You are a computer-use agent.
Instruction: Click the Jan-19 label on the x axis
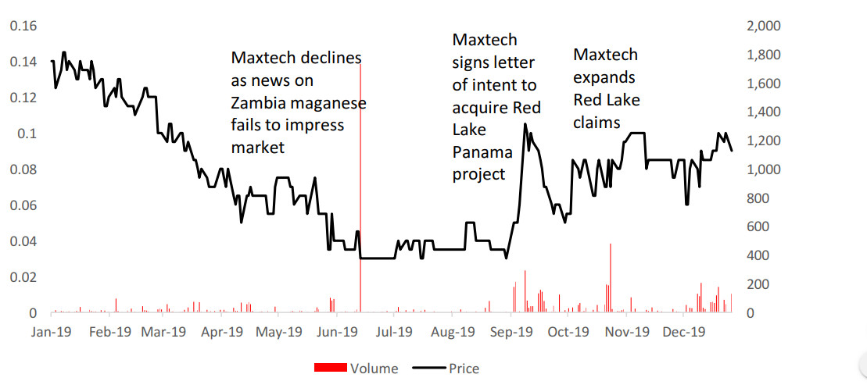click(52, 332)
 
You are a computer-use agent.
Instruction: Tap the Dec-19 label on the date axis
click(686, 332)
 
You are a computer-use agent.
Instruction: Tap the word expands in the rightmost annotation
click(605, 78)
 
